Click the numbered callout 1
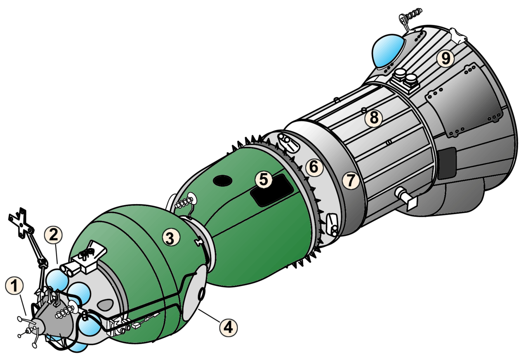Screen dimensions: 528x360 [x=14, y=286]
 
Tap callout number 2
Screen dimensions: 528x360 [x=53, y=235]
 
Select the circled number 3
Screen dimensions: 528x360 [x=171, y=238]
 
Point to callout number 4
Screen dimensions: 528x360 [x=229, y=327]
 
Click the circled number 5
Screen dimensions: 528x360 [x=264, y=180]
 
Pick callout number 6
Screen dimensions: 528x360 [x=314, y=167]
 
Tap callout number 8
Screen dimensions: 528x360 [x=374, y=118]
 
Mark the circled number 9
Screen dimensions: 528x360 [x=445, y=57]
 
